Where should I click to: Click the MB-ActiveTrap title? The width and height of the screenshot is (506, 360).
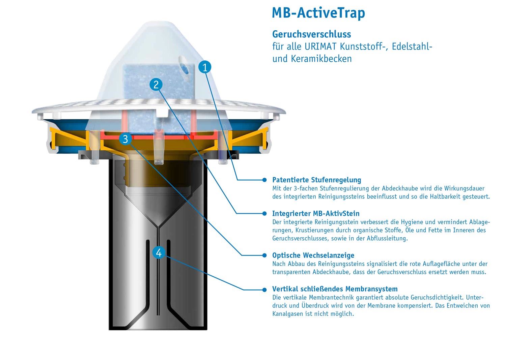318,13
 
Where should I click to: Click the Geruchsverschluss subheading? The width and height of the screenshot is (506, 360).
311,34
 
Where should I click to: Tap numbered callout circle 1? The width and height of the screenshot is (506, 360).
205,67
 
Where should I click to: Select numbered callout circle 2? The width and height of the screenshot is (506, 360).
156,85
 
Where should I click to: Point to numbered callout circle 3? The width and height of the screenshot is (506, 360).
125,139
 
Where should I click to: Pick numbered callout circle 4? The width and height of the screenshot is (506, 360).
159,252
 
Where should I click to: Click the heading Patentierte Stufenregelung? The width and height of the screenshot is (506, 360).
316,180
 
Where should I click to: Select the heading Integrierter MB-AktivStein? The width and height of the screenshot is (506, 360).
315,213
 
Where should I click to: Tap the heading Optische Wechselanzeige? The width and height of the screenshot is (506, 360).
313,255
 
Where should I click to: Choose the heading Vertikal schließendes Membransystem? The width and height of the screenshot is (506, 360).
335,289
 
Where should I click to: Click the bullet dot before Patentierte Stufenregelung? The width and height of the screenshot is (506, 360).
264,180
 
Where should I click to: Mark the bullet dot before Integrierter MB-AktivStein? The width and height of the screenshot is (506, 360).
264,213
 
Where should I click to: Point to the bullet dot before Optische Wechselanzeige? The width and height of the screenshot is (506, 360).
264,255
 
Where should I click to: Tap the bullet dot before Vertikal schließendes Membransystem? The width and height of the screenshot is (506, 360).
264,290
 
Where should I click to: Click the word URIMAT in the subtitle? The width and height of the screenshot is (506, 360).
320,47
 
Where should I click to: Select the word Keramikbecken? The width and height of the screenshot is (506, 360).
321,59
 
